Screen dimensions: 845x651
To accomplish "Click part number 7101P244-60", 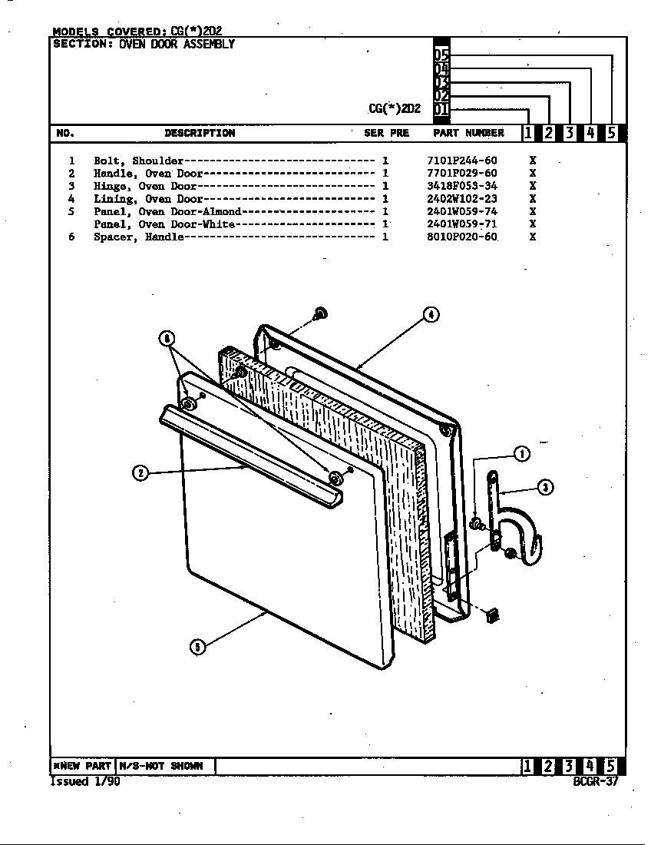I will pyautogui.click(x=461, y=161).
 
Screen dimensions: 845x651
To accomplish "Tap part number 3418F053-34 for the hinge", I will pyautogui.click(x=461, y=186).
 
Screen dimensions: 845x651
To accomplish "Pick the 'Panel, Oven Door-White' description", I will pyautogui.click(x=164, y=224).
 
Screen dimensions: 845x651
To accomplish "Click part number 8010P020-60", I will pyautogui.click(x=461, y=237).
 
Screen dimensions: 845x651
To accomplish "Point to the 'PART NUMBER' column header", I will pyautogui.click(x=468, y=133).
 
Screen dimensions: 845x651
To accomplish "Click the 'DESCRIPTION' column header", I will pyautogui.click(x=200, y=133).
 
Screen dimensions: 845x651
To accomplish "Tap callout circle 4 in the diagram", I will pyautogui.click(x=431, y=314).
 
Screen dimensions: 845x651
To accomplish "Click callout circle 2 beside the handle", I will pyautogui.click(x=140, y=472).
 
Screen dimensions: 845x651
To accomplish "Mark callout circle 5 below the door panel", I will pyautogui.click(x=197, y=647).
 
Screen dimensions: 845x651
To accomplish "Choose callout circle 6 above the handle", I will pyautogui.click(x=167, y=339).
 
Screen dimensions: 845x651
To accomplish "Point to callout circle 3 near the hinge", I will pyautogui.click(x=544, y=487).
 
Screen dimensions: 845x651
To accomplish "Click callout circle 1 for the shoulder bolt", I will pyautogui.click(x=521, y=454).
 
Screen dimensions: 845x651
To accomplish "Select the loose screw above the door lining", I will pyautogui.click(x=320, y=313).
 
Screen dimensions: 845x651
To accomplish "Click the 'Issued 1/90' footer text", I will pyautogui.click(x=84, y=781).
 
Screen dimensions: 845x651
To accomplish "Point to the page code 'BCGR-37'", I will pyautogui.click(x=595, y=781).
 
